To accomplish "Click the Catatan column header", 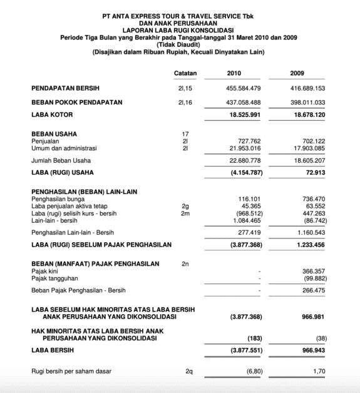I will tap(185, 74).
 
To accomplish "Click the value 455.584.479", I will tap(242, 89).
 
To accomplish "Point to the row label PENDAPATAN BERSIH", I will tap(65, 89).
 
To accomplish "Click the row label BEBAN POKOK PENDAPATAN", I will tap(76, 101).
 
